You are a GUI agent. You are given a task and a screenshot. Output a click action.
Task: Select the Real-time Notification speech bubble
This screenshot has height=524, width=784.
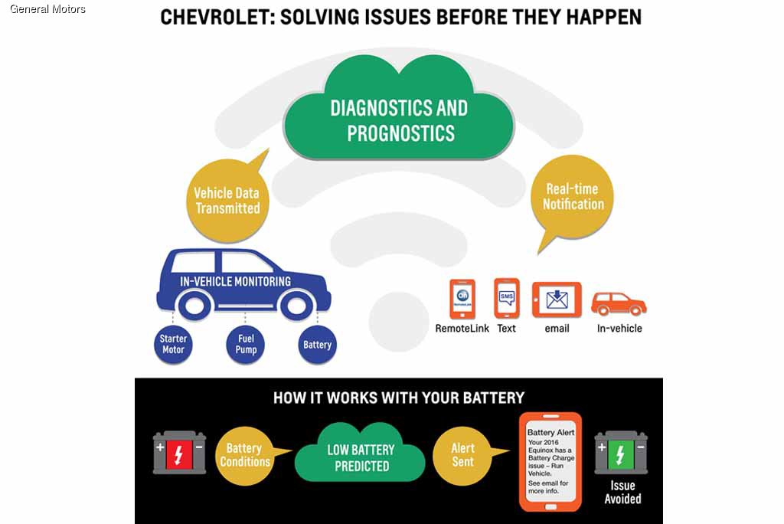(573, 196)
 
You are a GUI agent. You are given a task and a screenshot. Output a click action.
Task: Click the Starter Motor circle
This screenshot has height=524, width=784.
(174, 344)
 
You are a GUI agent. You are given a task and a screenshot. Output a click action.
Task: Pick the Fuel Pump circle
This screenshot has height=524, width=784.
(245, 344)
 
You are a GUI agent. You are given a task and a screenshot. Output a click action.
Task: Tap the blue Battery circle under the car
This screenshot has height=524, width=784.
(317, 344)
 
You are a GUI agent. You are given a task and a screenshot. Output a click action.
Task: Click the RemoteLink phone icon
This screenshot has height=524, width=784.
(462, 299)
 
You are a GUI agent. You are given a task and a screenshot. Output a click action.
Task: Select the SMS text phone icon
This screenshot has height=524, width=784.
(506, 298)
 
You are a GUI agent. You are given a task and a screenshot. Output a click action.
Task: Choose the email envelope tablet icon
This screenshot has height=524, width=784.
(557, 300)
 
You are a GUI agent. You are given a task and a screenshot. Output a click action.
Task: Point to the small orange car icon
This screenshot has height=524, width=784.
(619, 303)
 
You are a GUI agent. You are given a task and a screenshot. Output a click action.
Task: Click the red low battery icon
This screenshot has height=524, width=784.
(179, 453)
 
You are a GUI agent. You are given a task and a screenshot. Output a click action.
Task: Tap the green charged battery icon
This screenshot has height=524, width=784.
(620, 453)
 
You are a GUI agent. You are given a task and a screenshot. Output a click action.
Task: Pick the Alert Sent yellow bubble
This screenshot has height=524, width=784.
(462, 455)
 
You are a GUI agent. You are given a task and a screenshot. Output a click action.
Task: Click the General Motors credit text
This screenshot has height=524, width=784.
(47, 9)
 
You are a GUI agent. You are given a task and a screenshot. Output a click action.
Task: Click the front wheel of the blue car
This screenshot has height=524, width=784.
(296, 305)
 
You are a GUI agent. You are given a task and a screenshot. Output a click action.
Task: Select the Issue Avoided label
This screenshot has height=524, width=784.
(622, 492)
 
